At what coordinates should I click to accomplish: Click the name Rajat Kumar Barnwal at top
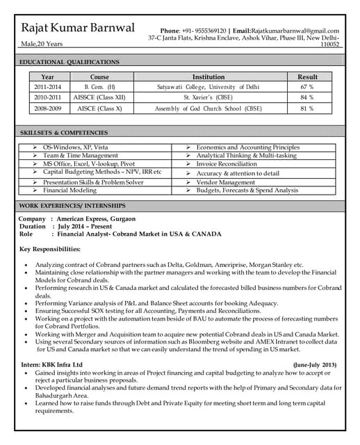coord(79,29)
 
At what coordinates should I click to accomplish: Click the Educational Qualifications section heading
coord(69,62)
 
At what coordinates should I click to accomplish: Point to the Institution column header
coord(208,76)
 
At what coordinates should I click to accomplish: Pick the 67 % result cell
coord(306,87)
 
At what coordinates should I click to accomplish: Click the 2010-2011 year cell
coord(47,98)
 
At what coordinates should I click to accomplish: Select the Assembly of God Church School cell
coord(208,109)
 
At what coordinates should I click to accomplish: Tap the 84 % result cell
coord(306,98)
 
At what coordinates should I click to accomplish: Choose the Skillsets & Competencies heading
coord(64,132)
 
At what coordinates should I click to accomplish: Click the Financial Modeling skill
coord(69,190)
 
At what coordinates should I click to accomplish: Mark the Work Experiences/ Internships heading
coord(72,206)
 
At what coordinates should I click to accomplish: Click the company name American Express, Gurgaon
coord(96,219)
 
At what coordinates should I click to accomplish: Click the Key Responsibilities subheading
coord(50,249)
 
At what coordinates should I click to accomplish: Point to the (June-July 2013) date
coord(314,364)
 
